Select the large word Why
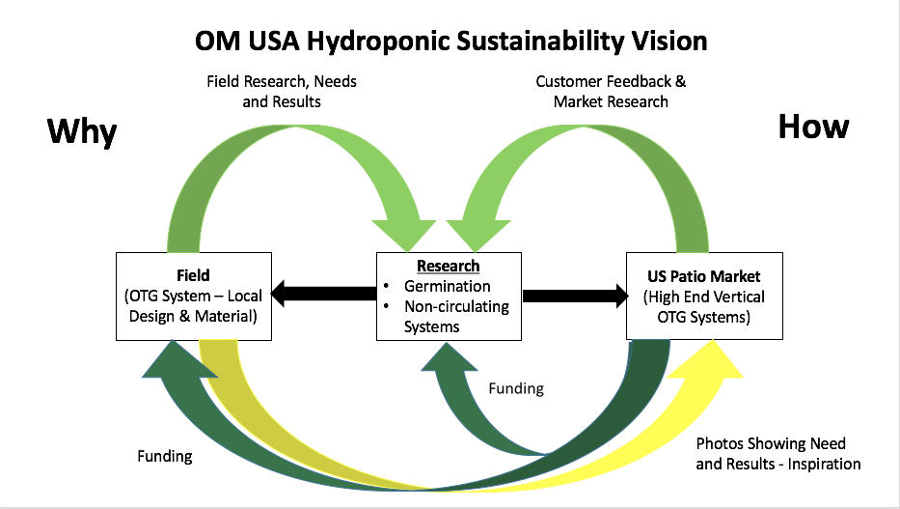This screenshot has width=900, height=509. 82,132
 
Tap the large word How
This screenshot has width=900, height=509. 813,127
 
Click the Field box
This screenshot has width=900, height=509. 193,296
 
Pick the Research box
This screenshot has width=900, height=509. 449,296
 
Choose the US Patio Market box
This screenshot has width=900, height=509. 704,296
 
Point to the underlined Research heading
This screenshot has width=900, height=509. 449,267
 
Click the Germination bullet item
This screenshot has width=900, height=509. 447,286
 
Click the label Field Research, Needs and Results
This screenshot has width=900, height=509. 281,91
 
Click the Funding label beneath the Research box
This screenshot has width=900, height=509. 515,388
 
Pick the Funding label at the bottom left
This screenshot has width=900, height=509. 164,456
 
